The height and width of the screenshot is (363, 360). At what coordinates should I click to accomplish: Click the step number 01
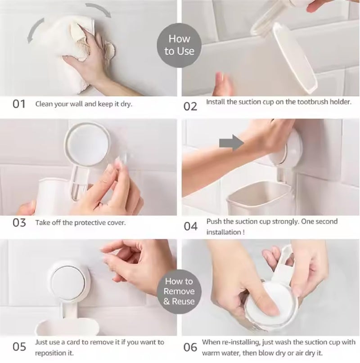pos(19,104)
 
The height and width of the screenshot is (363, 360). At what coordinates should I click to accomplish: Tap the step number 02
pos(190,107)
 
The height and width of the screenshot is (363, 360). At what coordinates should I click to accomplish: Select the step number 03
pos(19,223)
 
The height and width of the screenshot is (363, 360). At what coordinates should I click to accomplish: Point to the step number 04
pos(191,226)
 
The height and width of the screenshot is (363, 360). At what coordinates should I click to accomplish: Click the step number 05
pos(19,347)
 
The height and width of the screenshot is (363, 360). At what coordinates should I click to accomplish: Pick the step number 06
pos(191,347)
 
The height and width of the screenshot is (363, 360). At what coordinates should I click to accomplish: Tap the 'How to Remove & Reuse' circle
pos(179,291)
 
